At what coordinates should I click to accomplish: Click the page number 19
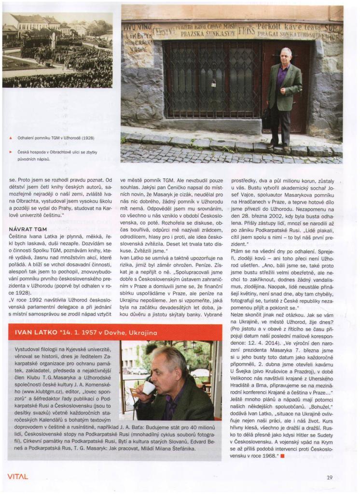[329, 478]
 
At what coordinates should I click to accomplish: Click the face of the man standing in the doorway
[286, 55]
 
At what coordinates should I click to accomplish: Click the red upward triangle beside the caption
[10, 138]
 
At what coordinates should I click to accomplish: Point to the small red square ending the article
[283, 456]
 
